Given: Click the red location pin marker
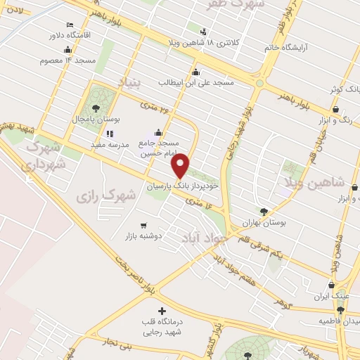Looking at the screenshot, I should [181, 165].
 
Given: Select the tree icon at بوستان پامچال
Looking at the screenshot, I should [96, 108].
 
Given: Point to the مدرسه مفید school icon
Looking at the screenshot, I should [109, 134].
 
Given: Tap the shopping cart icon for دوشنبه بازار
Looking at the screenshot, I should [143, 226].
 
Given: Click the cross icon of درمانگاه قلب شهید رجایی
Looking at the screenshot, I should [162, 311].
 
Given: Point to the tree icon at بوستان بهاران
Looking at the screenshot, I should [264, 211].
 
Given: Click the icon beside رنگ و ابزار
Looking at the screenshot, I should [335, 110].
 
